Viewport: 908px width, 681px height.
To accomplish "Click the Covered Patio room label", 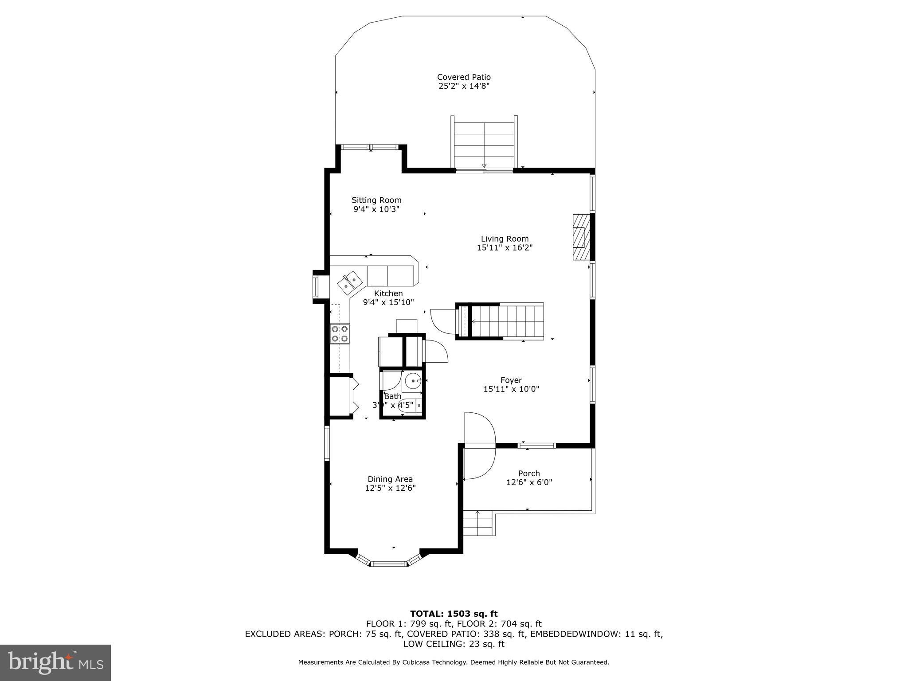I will (x=464, y=77).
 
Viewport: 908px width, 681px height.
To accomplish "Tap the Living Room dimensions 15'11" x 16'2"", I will (x=505, y=248).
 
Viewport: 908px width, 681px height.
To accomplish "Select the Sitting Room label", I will (x=376, y=200).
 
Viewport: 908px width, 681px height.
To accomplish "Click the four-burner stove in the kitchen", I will (x=340, y=334).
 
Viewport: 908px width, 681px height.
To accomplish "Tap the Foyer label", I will (x=511, y=380).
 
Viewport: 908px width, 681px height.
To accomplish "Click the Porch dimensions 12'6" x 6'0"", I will (x=529, y=482).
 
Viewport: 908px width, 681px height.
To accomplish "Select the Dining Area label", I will (x=390, y=479).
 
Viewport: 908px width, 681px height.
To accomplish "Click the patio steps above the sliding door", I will (x=484, y=144).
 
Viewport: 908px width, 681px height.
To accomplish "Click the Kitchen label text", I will (x=388, y=294).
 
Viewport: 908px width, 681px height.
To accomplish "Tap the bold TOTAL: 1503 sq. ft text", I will (x=454, y=614).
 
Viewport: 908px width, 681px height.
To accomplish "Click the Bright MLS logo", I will (x=55, y=662).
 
